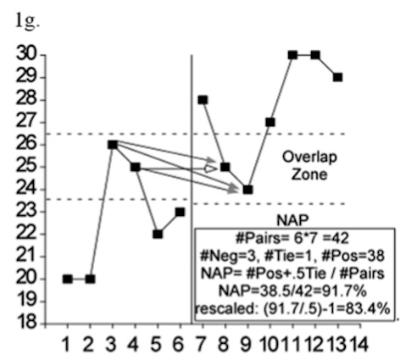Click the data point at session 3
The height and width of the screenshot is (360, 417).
[x=113, y=145]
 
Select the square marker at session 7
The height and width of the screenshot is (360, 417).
[x=203, y=100]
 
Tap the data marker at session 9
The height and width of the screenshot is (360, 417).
[x=247, y=190]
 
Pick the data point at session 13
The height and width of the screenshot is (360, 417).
[x=337, y=77]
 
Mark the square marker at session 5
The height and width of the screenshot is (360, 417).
[x=158, y=235]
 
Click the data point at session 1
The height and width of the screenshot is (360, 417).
[x=68, y=279]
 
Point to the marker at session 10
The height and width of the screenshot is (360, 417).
[x=270, y=122]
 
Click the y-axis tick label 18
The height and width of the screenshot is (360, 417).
[x=27, y=322]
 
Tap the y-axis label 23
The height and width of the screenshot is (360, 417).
[x=27, y=211]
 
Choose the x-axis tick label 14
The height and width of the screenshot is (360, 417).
[x=359, y=344]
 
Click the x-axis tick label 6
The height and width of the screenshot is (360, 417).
[x=178, y=344]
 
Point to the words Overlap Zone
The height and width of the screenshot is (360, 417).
[x=309, y=165]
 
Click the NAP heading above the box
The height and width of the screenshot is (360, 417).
[x=292, y=219]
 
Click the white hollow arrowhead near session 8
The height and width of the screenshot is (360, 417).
[x=211, y=169]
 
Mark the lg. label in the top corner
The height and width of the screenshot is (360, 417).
[x=27, y=22]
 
